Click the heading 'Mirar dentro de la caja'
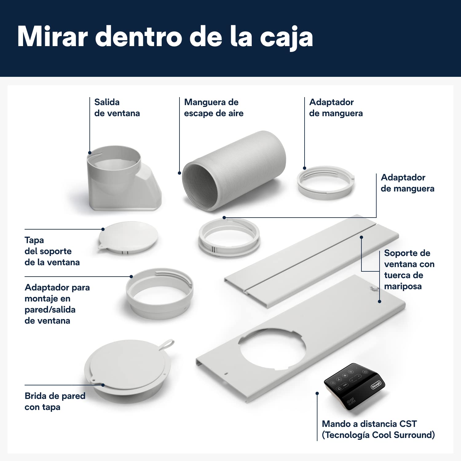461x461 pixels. [165, 37]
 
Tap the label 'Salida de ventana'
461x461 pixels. [117, 108]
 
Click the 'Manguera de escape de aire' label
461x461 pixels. [214, 108]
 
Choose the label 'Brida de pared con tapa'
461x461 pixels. [55, 401]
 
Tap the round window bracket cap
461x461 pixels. [128, 238]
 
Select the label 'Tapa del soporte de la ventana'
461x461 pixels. [52, 251]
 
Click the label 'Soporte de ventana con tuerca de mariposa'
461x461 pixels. [409, 270]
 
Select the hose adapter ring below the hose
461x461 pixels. [229, 236]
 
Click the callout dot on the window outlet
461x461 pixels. [90, 153]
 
